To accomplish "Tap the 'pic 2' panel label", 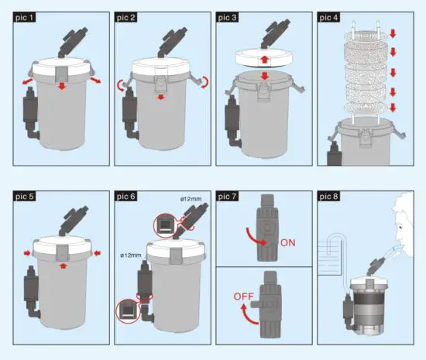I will coord(127,16).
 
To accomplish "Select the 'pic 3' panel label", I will coord(228,16).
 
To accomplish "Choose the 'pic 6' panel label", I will coord(127,197).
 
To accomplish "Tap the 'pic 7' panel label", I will coord(228,197).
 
